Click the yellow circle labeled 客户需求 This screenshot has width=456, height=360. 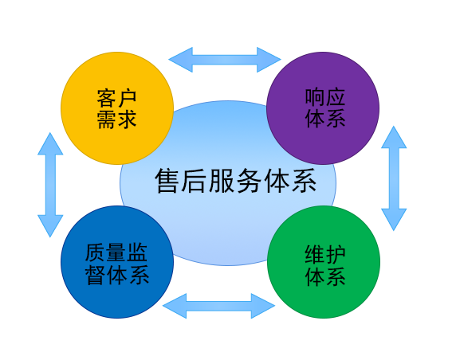pos(117,108)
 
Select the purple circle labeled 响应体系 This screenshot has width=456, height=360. pos(323,108)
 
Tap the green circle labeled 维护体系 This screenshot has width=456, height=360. pos(324,262)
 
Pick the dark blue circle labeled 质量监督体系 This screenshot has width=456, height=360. pos(117,262)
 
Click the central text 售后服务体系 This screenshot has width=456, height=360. pos(235,181)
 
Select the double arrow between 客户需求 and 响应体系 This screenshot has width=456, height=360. pos(225,60)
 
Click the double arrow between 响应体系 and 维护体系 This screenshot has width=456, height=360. pos(394,178)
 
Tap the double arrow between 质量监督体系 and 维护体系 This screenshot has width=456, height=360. pos(218,306)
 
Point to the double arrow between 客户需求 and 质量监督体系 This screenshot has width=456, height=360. pos(50,185)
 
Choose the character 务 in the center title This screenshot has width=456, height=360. pos(249,181)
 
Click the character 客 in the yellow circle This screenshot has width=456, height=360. pos(107,99)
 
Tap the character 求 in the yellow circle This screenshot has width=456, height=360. pos(127,119)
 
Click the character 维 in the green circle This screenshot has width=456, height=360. pos(315,255)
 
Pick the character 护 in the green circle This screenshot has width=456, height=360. pos(336,255)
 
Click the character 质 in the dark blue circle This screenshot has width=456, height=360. pos(96,252)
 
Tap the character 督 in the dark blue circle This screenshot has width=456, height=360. pos(96,274)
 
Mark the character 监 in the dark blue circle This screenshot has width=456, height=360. pos(138,252)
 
